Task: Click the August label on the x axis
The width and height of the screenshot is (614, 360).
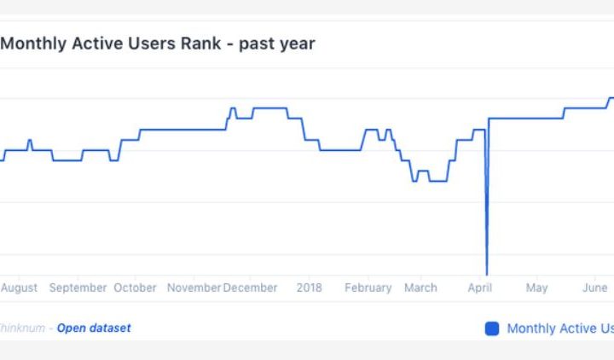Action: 19,287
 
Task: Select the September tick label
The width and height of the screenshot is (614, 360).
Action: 78,287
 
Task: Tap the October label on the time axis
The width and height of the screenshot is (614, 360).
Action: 136,287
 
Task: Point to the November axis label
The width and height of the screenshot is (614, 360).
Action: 194,287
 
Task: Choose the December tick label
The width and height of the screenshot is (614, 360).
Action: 251,287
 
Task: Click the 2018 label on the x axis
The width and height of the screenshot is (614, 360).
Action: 310,287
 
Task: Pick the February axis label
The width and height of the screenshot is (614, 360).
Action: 368,287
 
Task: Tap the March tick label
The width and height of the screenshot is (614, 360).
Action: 420,287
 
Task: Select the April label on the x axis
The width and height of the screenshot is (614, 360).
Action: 480,287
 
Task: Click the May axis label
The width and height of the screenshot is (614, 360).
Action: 536,287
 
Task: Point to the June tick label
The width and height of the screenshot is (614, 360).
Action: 594,287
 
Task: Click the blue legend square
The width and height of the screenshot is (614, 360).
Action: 492,328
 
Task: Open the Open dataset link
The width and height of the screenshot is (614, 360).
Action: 94,328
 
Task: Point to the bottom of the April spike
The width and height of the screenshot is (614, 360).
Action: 487,273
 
